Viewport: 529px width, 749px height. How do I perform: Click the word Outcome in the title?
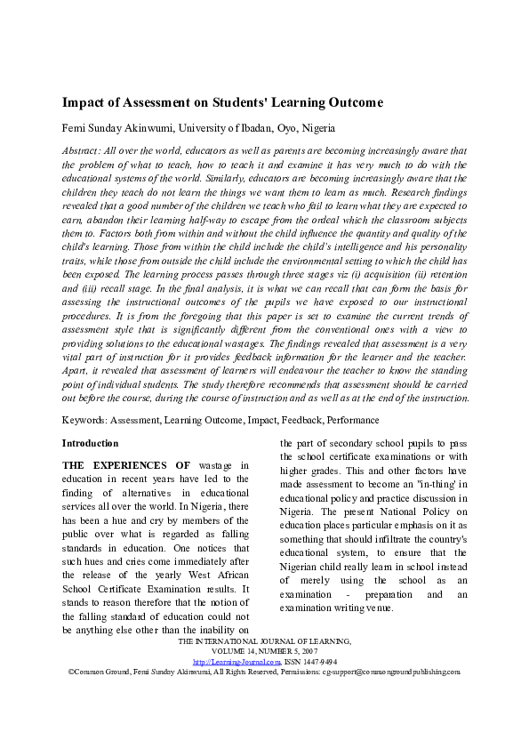click(x=349, y=102)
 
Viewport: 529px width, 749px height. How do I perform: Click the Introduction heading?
click(x=90, y=442)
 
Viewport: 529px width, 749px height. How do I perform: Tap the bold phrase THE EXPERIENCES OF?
click(x=125, y=465)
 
